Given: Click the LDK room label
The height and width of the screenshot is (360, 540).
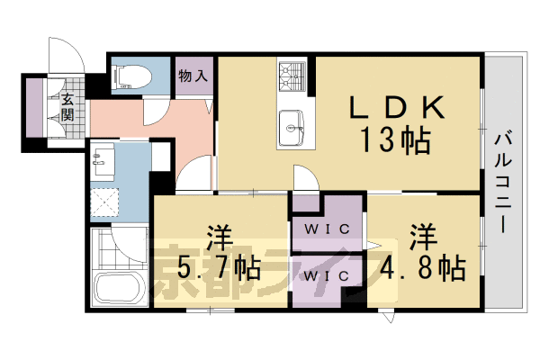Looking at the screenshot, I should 397,109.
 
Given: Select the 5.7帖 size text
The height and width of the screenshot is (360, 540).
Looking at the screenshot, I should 219,267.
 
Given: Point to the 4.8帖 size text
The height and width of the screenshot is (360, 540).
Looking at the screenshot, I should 424,267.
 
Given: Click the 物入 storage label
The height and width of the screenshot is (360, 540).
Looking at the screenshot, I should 194,76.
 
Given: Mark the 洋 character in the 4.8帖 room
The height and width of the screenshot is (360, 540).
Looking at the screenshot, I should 424,238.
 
